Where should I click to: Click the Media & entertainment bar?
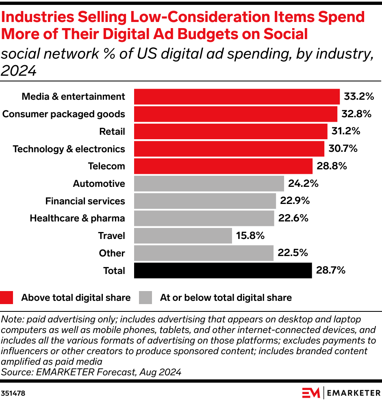[x=237, y=96]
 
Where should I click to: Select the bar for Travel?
[x=183, y=236]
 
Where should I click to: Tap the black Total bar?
[x=223, y=270]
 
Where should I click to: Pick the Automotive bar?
[x=209, y=184]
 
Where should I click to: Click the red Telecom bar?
[x=223, y=166]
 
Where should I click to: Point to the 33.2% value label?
[x=358, y=96]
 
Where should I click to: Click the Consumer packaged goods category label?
[x=64, y=114]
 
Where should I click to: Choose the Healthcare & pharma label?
[x=77, y=218]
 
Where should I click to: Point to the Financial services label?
[x=85, y=201]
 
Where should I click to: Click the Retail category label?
[x=112, y=131]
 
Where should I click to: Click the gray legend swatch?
[x=145, y=298]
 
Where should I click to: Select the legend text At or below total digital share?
[x=226, y=298]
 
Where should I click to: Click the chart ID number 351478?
[x=13, y=394]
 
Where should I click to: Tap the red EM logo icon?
[x=311, y=393]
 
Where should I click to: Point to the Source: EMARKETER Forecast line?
[x=91, y=372]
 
